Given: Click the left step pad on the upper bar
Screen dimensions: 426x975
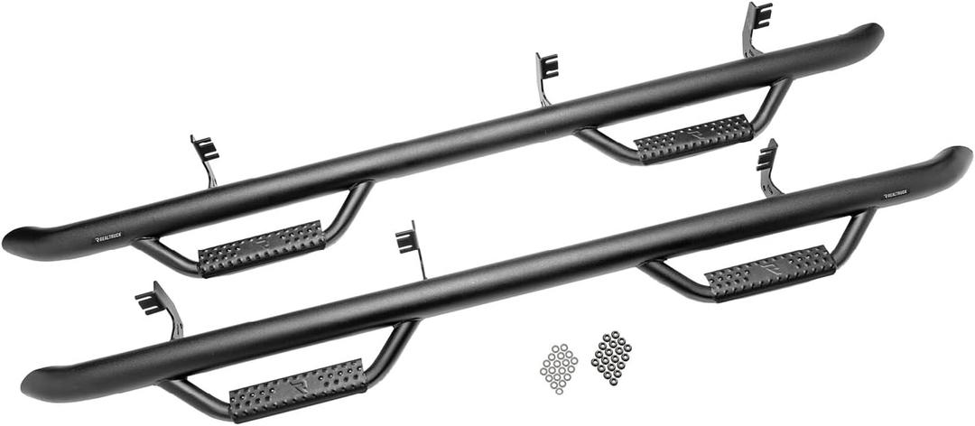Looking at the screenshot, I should coord(261,247).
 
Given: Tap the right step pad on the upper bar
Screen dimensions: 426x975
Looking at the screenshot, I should coord(693,139).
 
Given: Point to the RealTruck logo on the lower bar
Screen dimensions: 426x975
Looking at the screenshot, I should coord(897,194).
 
